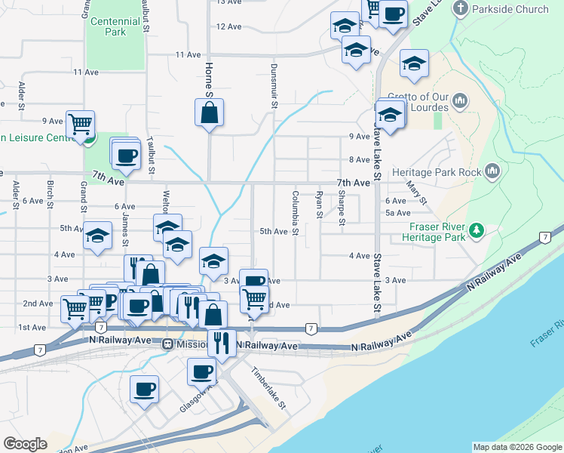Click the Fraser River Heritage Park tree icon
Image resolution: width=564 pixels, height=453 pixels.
pos(476,230)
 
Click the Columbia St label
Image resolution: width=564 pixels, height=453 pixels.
pos(295,211)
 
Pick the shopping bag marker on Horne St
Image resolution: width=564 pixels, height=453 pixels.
pos(209,113)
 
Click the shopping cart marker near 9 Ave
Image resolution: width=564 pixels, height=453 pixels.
pos(80,123)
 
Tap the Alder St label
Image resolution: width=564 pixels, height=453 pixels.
pos(22,94)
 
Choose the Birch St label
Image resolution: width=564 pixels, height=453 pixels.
pos(50,194)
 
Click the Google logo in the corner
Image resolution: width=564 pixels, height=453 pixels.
pos(25,444)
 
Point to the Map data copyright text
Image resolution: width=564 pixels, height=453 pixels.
pos(517,447)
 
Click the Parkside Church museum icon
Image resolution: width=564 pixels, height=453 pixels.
pos(461,9)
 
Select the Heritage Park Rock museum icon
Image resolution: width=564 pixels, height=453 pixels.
pos(493,172)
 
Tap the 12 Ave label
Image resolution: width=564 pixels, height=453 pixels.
pos(228,26)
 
